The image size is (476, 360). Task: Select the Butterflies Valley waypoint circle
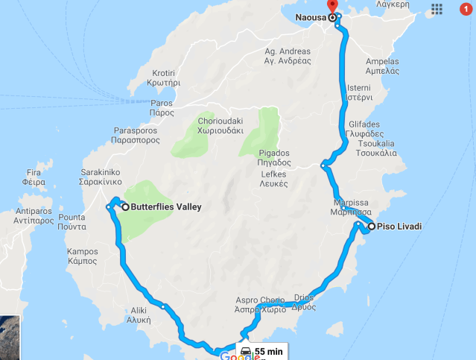coord(125,206)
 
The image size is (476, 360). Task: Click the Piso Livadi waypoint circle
coord(371,226)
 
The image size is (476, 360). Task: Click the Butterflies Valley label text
coord(165,207)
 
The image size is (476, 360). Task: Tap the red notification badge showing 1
coord(466,9)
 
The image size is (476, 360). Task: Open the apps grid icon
coord(437,9)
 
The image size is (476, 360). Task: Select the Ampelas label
coord(383,66)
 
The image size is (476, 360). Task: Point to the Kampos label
coord(82,256)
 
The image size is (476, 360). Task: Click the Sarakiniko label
coord(101,177)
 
